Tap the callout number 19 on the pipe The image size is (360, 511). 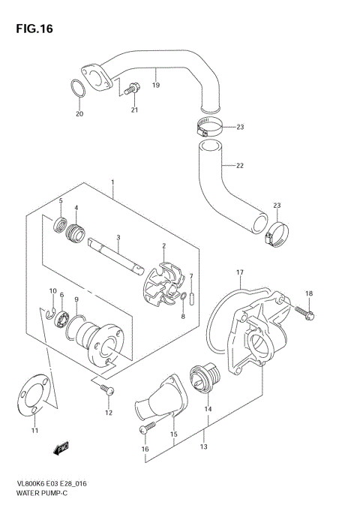(x=156, y=86)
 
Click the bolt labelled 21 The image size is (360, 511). (x=132, y=89)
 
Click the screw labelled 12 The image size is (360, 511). (x=106, y=388)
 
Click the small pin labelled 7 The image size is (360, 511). (x=192, y=298)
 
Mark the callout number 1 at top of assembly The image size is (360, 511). (x=112, y=182)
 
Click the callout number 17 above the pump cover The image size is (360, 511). (x=239, y=272)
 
